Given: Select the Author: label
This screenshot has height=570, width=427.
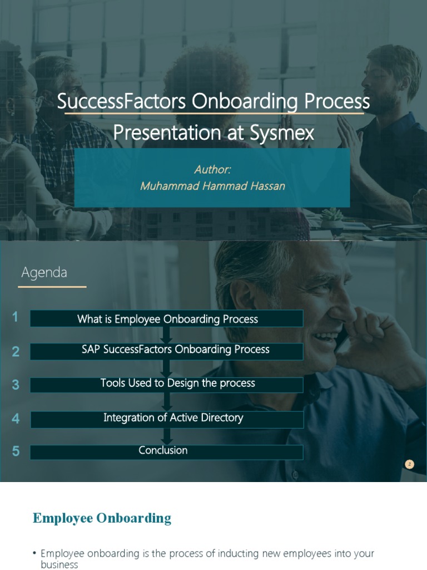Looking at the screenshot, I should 212,169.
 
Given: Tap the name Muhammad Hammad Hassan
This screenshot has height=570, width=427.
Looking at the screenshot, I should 212,186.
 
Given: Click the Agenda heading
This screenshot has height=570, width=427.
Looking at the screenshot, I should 44,273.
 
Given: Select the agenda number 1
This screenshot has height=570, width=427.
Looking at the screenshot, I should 15,317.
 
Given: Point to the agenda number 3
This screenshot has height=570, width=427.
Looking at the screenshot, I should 16,385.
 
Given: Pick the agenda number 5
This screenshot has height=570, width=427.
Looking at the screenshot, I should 16,451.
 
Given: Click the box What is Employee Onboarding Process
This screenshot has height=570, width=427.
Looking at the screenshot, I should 167,319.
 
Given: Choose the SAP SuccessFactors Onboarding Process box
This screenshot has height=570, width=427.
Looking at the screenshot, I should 167,350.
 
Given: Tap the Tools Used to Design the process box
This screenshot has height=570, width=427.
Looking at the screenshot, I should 167,384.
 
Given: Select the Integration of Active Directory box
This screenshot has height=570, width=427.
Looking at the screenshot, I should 167,419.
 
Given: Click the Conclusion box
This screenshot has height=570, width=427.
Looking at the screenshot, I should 167,451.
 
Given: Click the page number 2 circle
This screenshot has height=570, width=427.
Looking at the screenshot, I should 410,464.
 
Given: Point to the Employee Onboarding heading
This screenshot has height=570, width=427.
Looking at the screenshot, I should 102,518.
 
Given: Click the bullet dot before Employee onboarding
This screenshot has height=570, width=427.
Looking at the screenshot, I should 34,553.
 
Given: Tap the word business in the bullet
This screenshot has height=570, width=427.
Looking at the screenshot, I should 59,565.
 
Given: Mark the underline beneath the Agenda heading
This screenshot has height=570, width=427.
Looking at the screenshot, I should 52,287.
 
